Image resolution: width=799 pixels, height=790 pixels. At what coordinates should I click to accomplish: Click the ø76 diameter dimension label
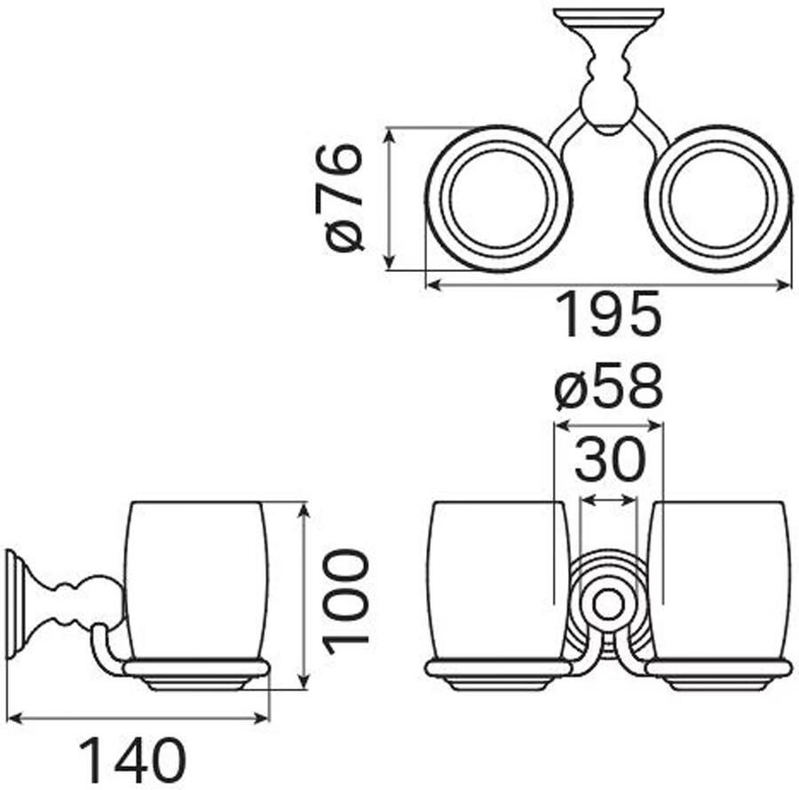[339, 198]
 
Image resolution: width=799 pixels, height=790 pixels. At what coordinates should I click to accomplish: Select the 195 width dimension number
[608, 315]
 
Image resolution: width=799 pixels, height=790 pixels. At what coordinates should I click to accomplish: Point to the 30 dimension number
[610, 459]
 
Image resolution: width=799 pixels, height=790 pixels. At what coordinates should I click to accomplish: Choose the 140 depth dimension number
[133, 761]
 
